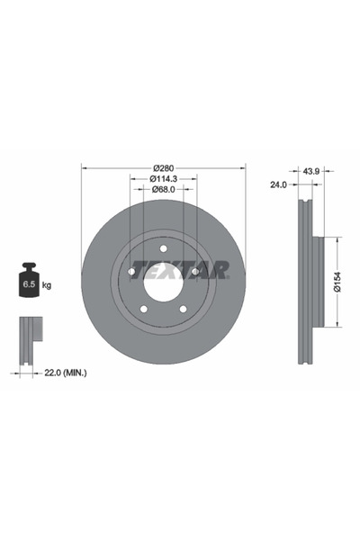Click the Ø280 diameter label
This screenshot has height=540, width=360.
coord(164,168)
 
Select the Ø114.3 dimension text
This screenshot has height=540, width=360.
coord(163,179)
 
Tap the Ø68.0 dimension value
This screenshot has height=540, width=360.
coord(163,189)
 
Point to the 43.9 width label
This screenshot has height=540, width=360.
coord(311,171)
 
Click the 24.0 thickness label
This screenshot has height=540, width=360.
coord(278,184)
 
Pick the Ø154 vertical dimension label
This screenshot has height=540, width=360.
coord(337,282)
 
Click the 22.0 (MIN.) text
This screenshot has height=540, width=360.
coord(66,373)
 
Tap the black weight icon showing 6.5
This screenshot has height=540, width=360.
coord(29,280)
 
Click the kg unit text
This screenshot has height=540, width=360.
coord(47,285)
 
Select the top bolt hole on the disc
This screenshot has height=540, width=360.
coord(163,248)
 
